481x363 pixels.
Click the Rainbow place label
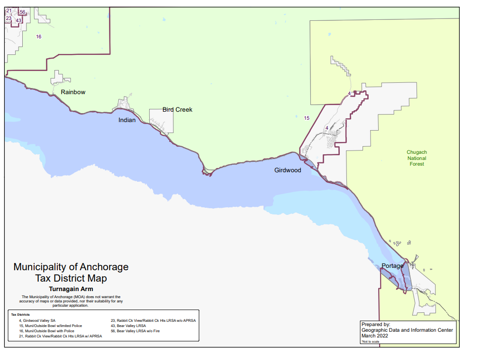click(x=73, y=92)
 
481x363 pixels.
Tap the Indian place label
click(x=127, y=120)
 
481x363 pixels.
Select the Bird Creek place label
click(x=177, y=109)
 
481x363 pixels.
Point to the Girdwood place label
click(x=288, y=170)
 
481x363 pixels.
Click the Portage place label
click(x=392, y=266)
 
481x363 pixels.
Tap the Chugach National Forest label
click(x=417, y=158)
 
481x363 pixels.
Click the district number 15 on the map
click(x=307, y=118)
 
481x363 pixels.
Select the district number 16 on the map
click(x=38, y=36)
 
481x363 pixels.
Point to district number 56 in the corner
click(x=22, y=12)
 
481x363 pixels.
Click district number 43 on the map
click(x=18, y=20)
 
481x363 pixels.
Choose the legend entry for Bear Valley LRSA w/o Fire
click(x=135, y=331)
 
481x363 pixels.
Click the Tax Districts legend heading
click(x=20, y=315)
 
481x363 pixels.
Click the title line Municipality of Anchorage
click(x=71, y=267)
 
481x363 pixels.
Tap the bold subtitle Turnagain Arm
click(x=71, y=289)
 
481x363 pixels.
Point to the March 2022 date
click(x=374, y=336)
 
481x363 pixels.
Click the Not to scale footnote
click(x=370, y=341)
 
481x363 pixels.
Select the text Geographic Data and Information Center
click(x=407, y=330)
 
